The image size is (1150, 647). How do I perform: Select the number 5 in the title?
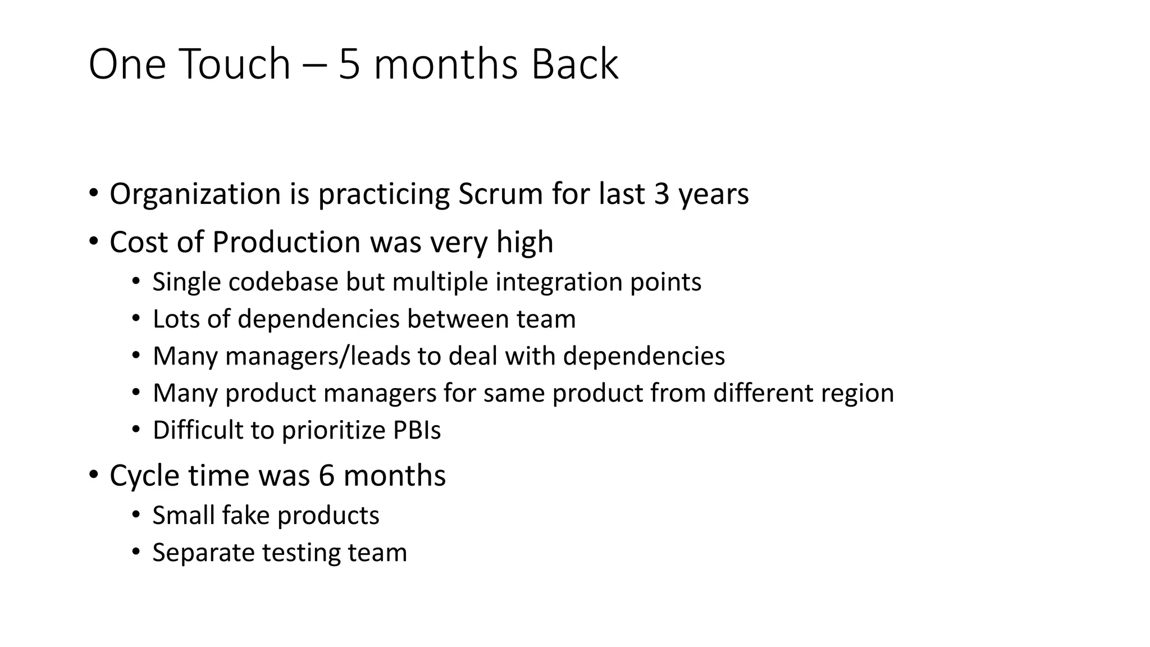[x=349, y=65]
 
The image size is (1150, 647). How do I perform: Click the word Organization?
[x=195, y=194]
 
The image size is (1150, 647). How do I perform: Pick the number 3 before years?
[x=662, y=194]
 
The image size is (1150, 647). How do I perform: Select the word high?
[x=524, y=243]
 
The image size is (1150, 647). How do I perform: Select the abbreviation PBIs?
[x=417, y=430]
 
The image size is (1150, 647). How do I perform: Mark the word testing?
[x=301, y=553]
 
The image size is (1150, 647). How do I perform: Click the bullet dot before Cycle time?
[x=93, y=474]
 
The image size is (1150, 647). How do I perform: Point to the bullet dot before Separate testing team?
[x=135, y=551]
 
